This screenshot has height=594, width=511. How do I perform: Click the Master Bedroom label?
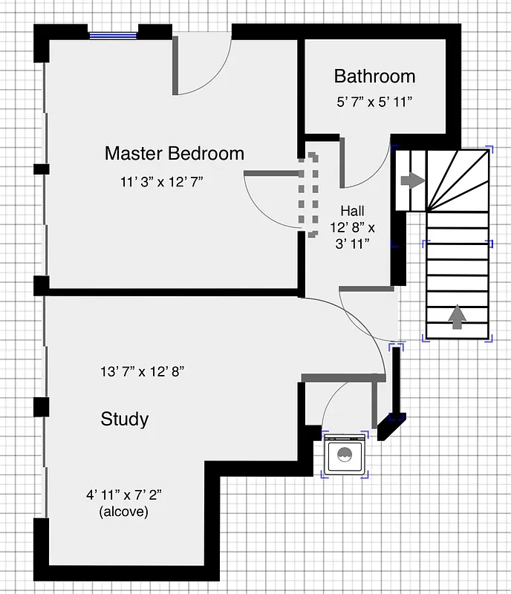pos(174,154)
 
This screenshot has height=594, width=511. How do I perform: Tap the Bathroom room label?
pos(374,76)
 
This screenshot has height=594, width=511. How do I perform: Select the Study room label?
pos(124,420)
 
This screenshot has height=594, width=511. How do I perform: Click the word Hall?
pos(353,211)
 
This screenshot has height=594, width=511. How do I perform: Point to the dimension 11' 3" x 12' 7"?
pos(162,181)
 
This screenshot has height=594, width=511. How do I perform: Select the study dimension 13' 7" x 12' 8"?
pos(142,371)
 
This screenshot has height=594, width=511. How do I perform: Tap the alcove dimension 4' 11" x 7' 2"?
pos(123,495)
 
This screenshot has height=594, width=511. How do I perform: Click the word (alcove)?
pos(123,512)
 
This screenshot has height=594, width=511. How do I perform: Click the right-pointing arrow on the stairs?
pos(411,180)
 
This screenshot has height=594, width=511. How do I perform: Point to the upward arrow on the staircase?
pos(458,317)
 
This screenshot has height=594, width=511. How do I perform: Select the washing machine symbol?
pos(345,455)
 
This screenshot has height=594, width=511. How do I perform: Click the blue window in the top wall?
pos(114,33)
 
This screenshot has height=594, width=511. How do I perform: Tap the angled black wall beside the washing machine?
pos(391,426)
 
